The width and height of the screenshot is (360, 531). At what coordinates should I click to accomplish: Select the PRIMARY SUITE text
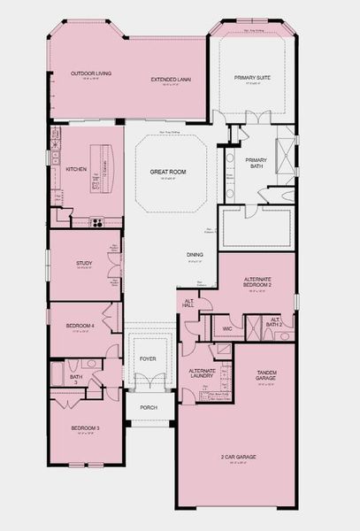click(252, 78)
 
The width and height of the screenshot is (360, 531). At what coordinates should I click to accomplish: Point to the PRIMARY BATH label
click(256, 162)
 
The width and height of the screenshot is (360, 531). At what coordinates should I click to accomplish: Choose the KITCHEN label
click(75, 167)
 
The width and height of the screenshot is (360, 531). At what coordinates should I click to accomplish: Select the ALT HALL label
click(188, 304)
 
